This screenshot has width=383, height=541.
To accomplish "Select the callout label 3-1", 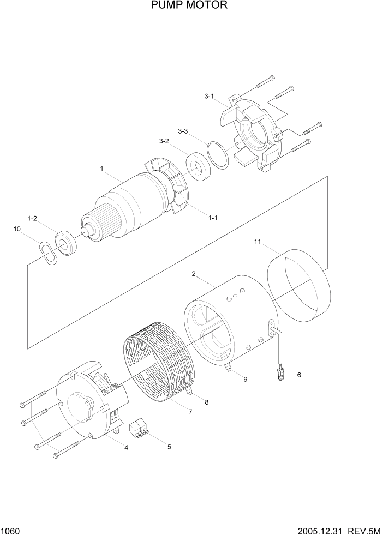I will (210, 97).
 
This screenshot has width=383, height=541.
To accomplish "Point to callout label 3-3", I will (183, 131).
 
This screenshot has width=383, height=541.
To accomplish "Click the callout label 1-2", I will (32, 218).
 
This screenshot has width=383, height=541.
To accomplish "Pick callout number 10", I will (17, 230).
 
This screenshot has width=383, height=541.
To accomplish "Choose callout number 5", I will (169, 447).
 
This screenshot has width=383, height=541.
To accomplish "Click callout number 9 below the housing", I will (245, 379).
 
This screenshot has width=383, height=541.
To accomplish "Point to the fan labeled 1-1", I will (166, 185).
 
